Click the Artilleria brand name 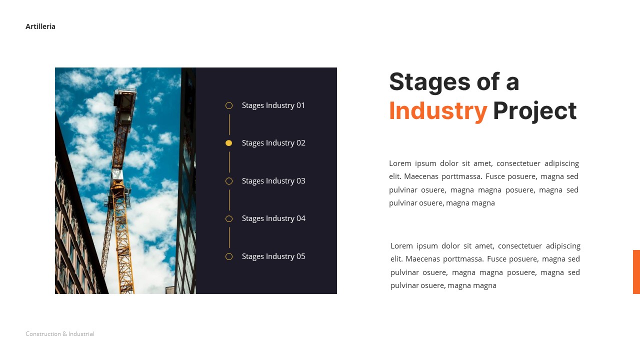(x=40, y=26)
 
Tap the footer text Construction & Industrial (x=60, y=334)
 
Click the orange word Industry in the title (x=437, y=111)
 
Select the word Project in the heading (x=534, y=111)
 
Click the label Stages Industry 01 (x=273, y=105)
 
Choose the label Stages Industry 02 (x=273, y=143)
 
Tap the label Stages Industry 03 (x=273, y=181)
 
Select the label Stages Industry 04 (x=273, y=218)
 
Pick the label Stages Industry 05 (x=273, y=256)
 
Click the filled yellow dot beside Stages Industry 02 (x=229, y=143)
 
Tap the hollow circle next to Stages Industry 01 (x=229, y=105)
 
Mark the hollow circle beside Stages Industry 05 (x=229, y=256)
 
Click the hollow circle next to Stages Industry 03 (x=229, y=181)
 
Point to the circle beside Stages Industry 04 (x=229, y=218)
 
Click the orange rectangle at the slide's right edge (x=636, y=271)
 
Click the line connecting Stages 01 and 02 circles (x=229, y=124)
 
